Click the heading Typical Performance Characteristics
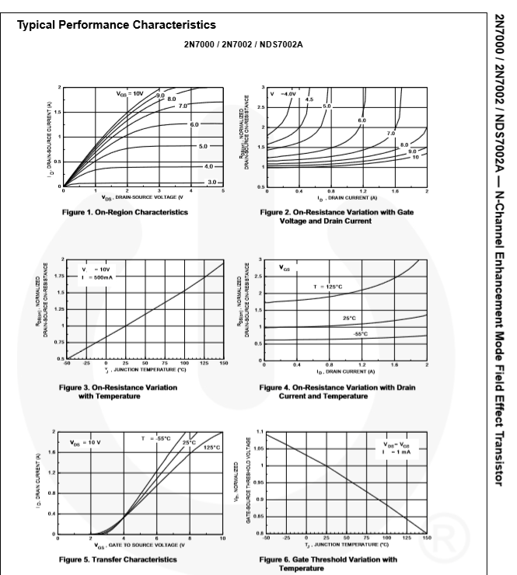pos(117,26)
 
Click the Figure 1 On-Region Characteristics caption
pos(124,212)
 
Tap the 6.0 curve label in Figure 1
pos(194,124)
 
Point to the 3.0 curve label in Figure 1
pos(211,181)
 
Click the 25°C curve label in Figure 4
pos(349,318)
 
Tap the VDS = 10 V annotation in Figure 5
pos(86,442)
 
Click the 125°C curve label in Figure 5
pos(211,447)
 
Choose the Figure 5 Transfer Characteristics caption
pos(121,559)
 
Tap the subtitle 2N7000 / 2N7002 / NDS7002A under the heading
pos(243,44)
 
